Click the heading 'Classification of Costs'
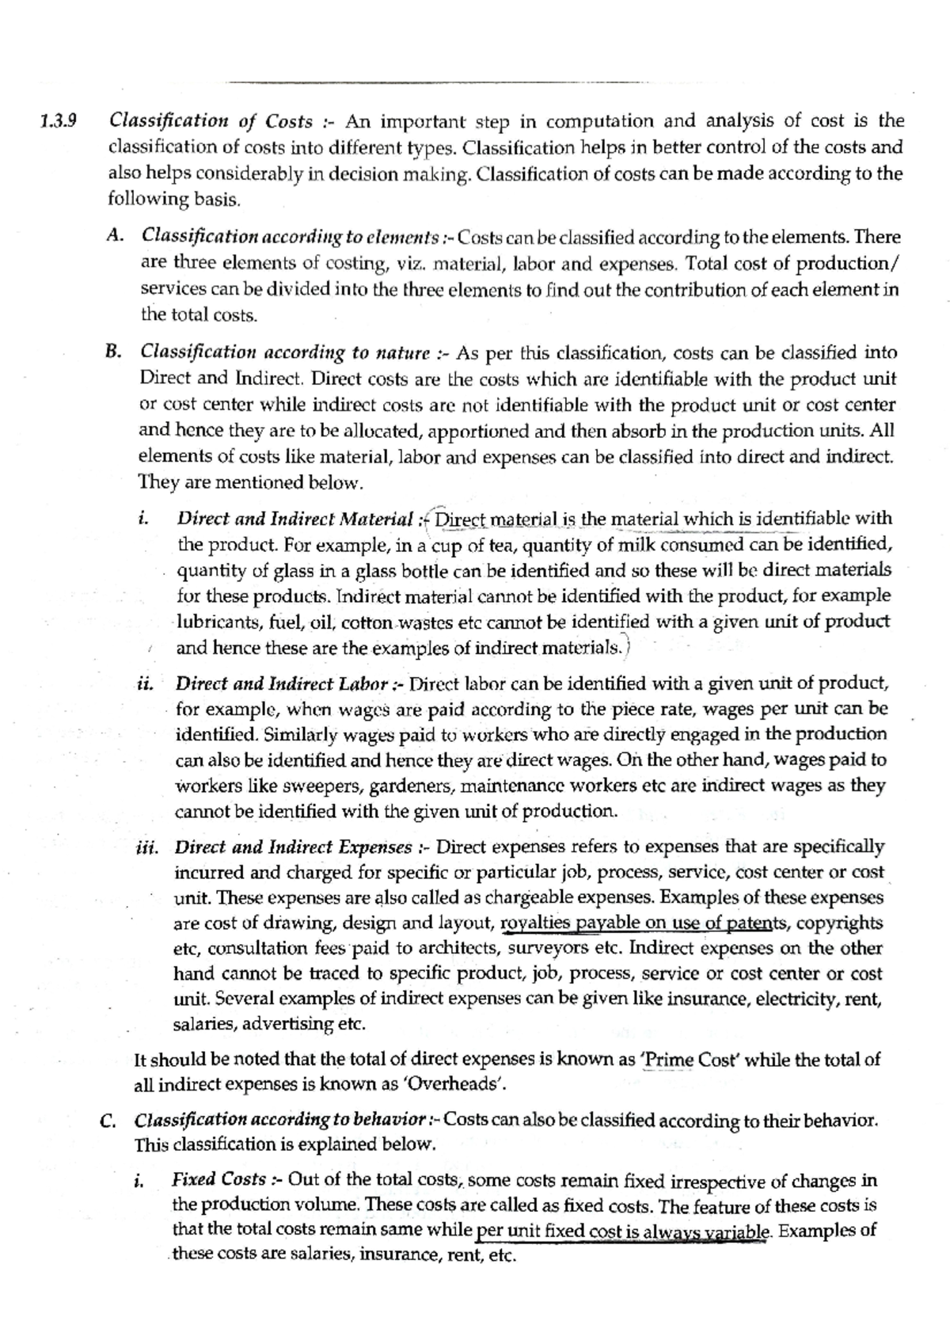211,121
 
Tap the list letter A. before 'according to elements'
116,236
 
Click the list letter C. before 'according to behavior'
111,1121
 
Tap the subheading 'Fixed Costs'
218,1179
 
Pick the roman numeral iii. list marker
146,847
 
